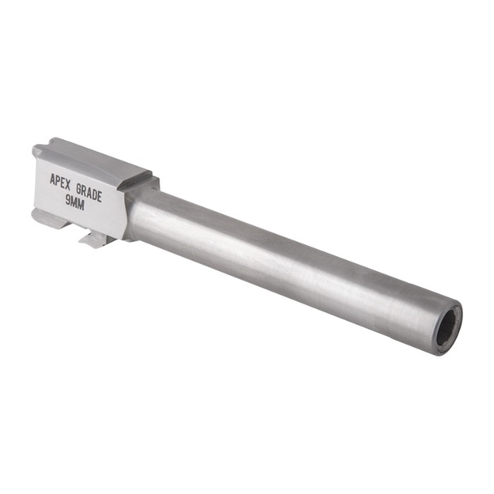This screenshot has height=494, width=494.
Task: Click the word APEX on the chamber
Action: click(59, 181)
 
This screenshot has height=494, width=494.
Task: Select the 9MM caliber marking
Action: click(75, 202)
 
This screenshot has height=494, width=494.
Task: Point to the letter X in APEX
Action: click(69, 184)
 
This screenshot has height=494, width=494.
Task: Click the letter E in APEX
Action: click(63, 182)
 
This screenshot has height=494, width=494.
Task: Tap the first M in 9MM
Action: click(74, 203)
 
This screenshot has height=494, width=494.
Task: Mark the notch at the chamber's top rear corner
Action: click(38, 150)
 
